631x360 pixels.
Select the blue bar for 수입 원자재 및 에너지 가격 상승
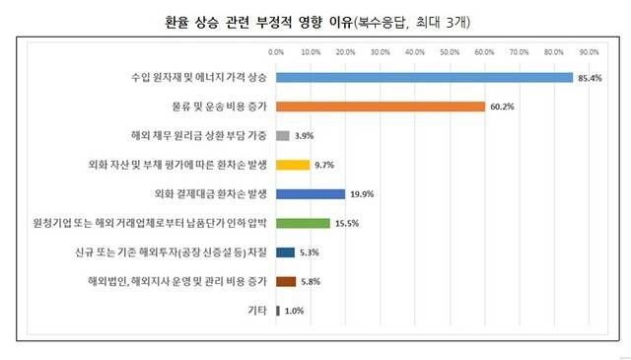click(x=424, y=77)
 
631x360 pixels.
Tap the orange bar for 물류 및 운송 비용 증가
click(x=381, y=107)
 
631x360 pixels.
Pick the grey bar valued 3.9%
click(x=283, y=135)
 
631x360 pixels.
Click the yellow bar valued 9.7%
click(x=293, y=165)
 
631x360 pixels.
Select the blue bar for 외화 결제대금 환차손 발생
click(x=311, y=194)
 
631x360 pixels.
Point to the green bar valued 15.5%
click(x=303, y=223)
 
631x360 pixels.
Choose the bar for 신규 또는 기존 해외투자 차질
click(x=285, y=252)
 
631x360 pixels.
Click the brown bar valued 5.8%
click(x=286, y=282)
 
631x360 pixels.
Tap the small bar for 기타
click(x=278, y=311)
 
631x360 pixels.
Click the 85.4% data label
click(x=589, y=78)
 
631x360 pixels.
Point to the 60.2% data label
click(x=501, y=107)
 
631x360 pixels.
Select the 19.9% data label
click(x=361, y=194)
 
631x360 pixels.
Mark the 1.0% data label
click(x=294, y=312)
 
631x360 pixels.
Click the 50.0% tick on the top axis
click(x=450, y=50)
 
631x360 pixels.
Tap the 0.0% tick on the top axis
click(x=276, y=50)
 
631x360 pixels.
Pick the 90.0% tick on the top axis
click(x=589, y=50)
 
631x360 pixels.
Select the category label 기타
click(x=257, y=311)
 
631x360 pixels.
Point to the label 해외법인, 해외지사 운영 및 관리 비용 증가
click(x=177, y=282)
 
